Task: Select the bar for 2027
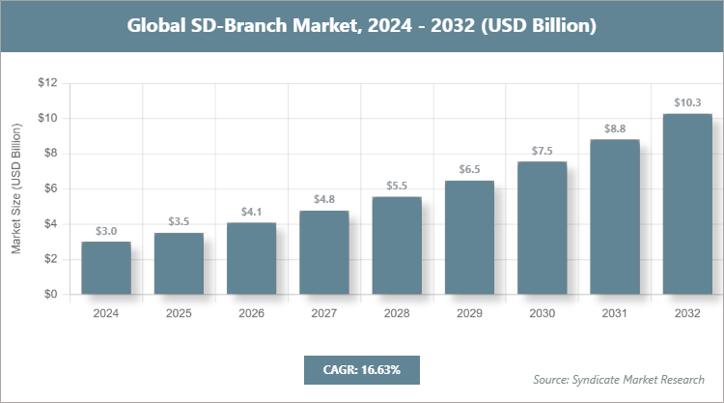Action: coord(324,252)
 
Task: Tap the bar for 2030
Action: coord(543,228)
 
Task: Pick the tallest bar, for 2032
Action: coord(687,204)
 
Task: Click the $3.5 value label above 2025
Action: coord(179,222)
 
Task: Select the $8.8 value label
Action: coord(615,128)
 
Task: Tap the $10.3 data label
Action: coord(687,102)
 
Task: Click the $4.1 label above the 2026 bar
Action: coord(251,211)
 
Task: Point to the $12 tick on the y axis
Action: coord(46,83)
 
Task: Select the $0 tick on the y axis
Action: coord(49,294)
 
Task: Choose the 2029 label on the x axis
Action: coord(469,314)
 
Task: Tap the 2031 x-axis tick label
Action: coord(615,314)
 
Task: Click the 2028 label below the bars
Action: coord(397,314)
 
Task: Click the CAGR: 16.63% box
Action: coord(361,370)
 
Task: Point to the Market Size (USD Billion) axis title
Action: coord(16,188)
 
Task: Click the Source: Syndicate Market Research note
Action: coord(619,379)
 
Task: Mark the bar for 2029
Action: coord(469,237)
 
